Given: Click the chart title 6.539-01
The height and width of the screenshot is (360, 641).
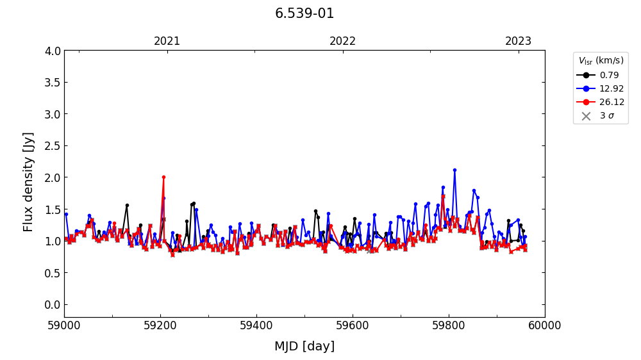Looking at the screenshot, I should click(x=304, y=13).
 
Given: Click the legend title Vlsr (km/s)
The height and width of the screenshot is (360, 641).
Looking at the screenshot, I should click(x=601, y=61).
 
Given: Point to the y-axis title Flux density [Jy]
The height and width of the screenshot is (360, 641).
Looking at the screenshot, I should click(x=28, y=182).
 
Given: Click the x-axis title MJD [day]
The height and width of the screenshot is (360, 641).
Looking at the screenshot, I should click(x=304, y=347).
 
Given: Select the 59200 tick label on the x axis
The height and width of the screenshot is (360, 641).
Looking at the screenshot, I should click(x=160, y=325).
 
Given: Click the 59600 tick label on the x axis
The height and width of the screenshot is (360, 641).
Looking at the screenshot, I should click(x=353, y=325).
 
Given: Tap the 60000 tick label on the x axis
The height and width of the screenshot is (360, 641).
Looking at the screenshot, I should click(x=545, y=325).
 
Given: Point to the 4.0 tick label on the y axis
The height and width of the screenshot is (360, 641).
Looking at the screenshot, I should click(x=54, y=51).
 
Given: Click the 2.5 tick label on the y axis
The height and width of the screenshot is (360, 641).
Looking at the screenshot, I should click(x=54, y=146).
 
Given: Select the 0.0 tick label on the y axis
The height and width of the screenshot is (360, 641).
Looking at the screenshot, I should click(x=54, y=304).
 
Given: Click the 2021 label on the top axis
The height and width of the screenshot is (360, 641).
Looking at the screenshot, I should click(x=167, y=41).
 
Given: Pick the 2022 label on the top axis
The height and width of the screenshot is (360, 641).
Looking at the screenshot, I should click(x=342, y=41).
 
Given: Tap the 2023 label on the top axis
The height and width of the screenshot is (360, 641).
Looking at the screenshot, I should click(x=518, y=41).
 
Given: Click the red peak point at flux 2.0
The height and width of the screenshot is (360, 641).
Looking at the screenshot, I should click(x=163, y=177).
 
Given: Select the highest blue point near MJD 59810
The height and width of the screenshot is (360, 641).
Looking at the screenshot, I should click(x=454, y=170).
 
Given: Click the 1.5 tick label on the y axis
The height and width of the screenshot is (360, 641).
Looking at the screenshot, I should click(x=54, y=209).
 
